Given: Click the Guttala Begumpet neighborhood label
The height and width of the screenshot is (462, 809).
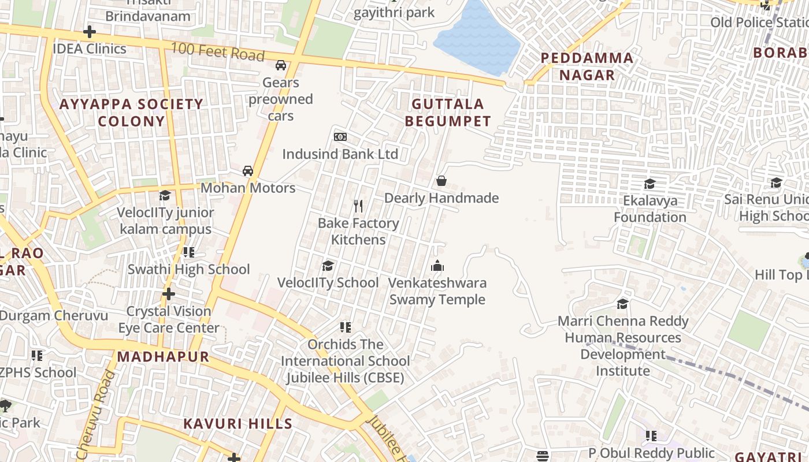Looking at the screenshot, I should tap(448, 113).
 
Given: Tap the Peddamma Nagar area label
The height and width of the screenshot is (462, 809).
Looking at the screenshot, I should tap(587, 66).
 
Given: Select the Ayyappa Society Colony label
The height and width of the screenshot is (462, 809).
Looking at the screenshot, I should tap(132, 113).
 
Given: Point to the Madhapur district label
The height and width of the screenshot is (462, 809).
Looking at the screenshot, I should tap(163, 356).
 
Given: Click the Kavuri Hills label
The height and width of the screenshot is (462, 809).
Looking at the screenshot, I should tap(238, 424).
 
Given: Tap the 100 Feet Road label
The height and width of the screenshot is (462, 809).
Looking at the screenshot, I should tap(218, 53).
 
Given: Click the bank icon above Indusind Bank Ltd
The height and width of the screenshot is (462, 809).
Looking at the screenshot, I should tap(340, 137).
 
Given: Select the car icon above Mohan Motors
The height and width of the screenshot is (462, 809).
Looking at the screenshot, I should tap(248, 171).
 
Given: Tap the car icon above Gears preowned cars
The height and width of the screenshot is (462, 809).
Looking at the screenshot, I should tap(281, 65).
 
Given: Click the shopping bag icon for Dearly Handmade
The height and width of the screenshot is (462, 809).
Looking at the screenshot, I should tap(441, 181).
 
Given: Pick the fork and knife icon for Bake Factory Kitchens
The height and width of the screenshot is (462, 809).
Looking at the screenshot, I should tap(358, 206).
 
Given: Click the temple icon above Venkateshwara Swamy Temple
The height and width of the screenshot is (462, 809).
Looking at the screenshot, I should tap(437, 266).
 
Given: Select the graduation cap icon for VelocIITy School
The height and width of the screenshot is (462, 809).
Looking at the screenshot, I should tap(328, 266).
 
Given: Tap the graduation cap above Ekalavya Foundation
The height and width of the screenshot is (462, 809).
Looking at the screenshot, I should tap(650, 184).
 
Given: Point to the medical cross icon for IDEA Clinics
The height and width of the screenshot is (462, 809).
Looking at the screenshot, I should tap(90, 32).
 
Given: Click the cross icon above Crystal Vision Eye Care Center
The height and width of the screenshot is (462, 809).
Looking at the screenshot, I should tap(169, 294).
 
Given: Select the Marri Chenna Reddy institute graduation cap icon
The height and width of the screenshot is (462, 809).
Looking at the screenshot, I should tap(623, 304).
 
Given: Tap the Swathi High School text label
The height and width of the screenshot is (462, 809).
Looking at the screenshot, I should tap(188, 269).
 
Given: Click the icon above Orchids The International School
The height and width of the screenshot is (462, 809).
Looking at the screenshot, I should tap(346, 327).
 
